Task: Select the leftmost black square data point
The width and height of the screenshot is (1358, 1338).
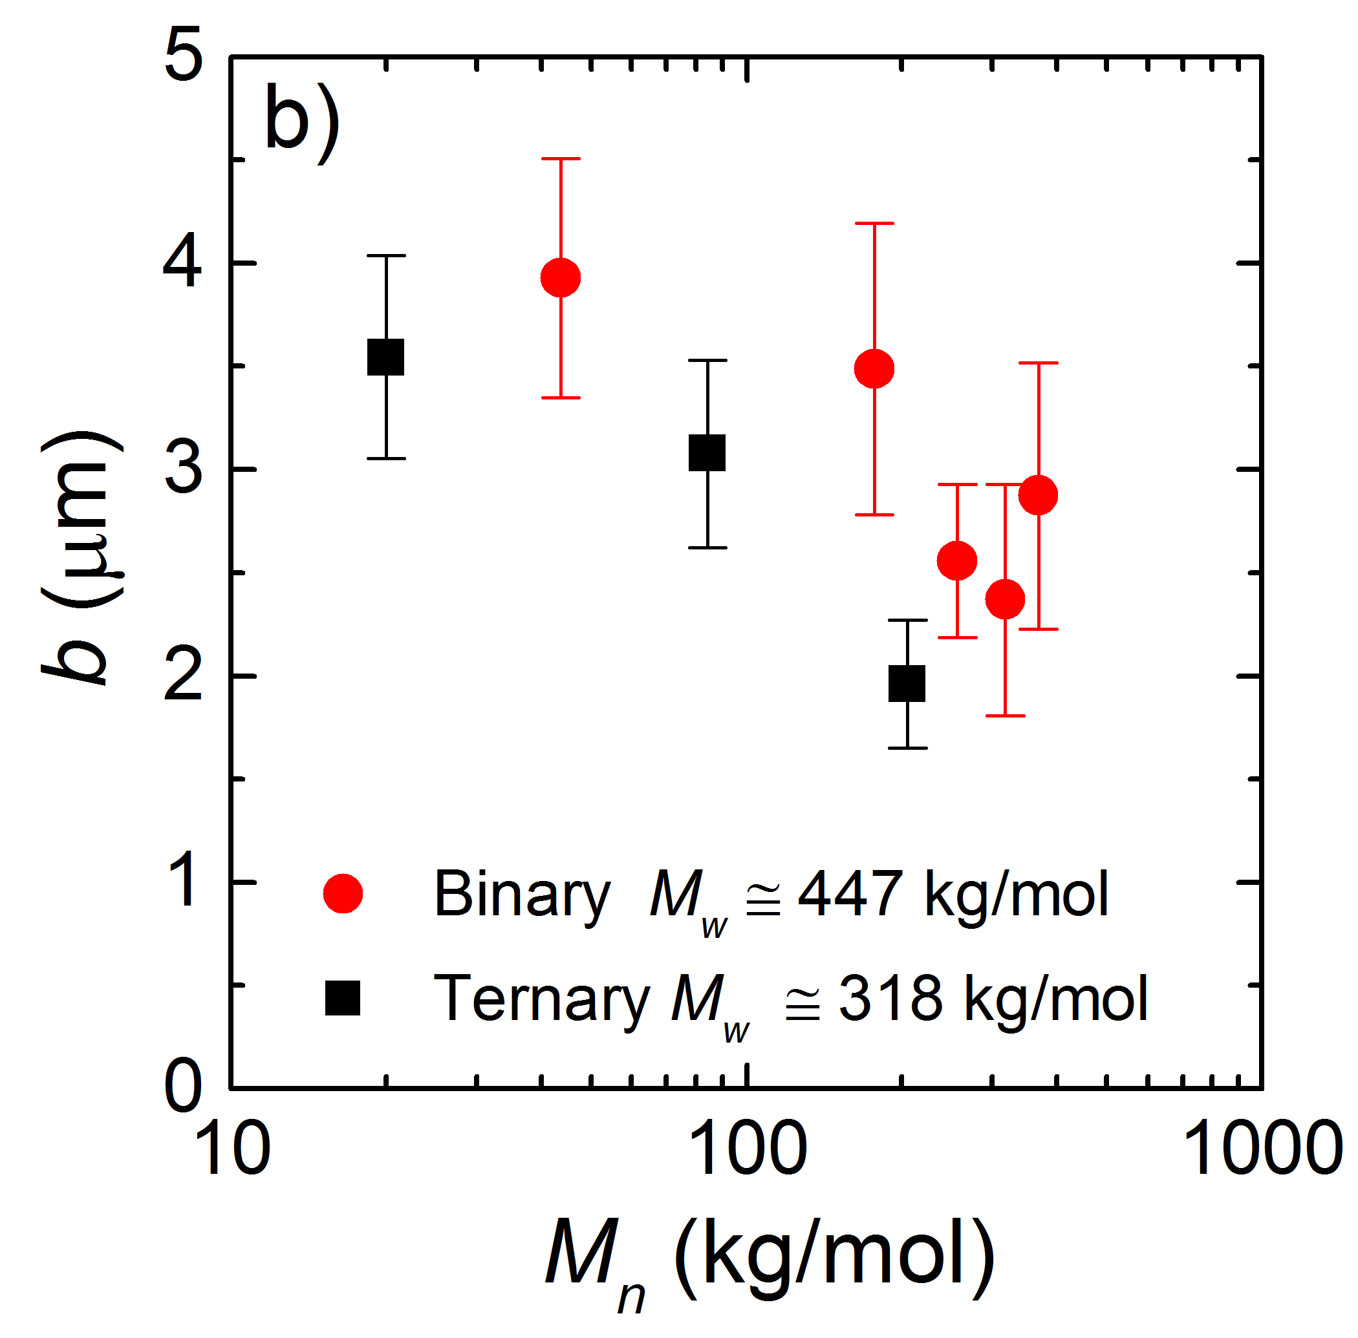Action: [386, 357]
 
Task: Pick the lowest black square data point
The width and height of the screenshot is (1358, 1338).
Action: [907, 683]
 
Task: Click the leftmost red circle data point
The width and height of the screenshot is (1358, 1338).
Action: [560, 277]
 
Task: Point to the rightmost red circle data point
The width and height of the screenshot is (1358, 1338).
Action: [1037, 495]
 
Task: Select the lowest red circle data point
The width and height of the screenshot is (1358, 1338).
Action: [1005, 599]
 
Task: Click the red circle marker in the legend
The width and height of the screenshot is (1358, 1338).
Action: [342, 894]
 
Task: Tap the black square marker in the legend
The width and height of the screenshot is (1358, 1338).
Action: [342, 998]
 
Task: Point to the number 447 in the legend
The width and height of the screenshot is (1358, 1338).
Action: [850, 894]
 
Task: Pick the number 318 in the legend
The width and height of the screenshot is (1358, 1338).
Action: [890, 998]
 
